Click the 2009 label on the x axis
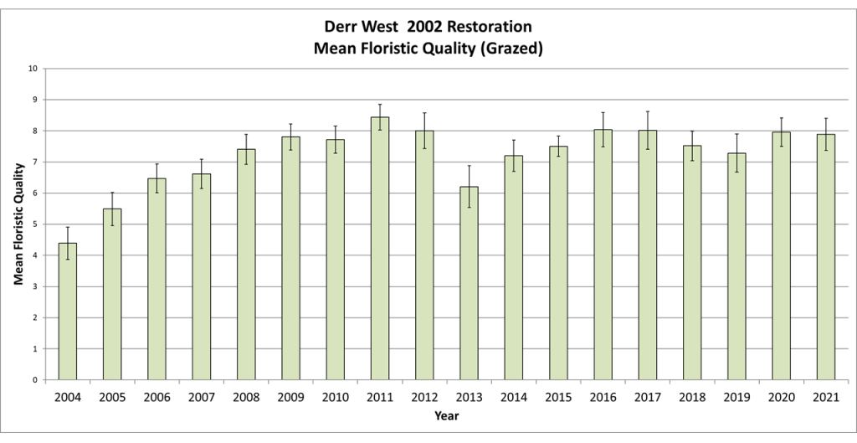[x=290, y=396]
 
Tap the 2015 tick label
[x=558, y=396]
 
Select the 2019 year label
[x=736, y=396]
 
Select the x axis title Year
[x=446, y=415]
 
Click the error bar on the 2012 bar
[x=425, y=131]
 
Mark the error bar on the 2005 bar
[x=112, y=209]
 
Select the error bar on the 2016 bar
[x=603, y=129]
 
